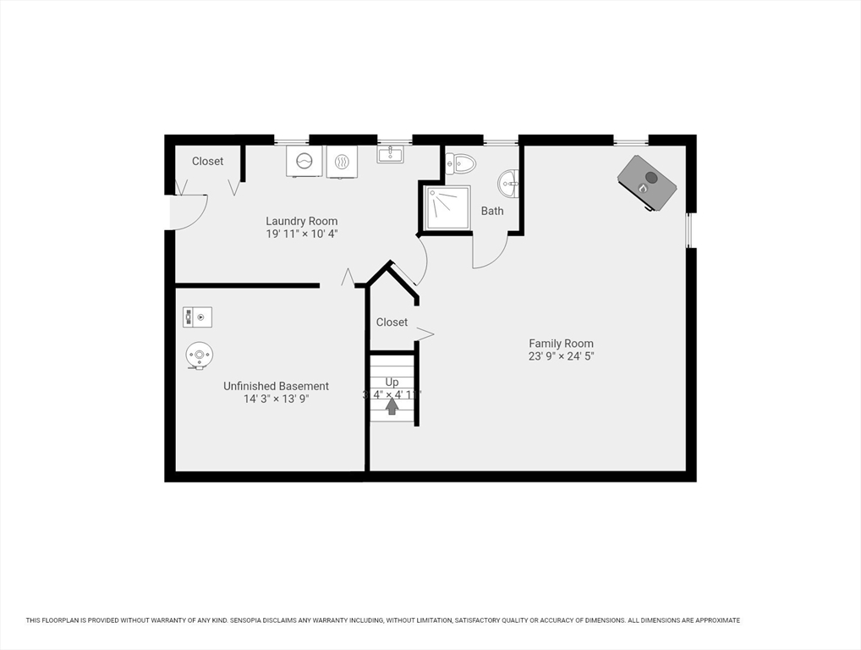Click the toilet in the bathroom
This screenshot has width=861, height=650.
point(461,162)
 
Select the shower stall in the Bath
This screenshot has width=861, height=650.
point(447,207)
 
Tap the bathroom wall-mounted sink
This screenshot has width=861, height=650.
point(509,183)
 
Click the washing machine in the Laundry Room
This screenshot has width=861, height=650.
point(304,161)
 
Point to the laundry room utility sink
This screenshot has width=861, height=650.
point(391,154)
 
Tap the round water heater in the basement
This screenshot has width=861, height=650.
point(200,355)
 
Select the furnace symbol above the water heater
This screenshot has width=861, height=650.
point(198,317)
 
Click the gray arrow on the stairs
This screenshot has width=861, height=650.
point(392,406)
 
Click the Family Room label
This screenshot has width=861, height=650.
point(561,344)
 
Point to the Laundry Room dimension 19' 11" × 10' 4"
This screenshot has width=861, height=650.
point(302,234)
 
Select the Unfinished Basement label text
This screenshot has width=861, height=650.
point(276,386)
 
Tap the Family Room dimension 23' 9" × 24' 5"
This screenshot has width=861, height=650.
point(562,356)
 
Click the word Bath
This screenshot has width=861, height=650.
point(492,211)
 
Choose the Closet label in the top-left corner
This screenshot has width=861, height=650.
point(207,161)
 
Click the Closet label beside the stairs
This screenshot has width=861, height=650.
point(392,322)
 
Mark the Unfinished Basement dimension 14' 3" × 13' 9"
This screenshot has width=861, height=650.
point(276,399)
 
